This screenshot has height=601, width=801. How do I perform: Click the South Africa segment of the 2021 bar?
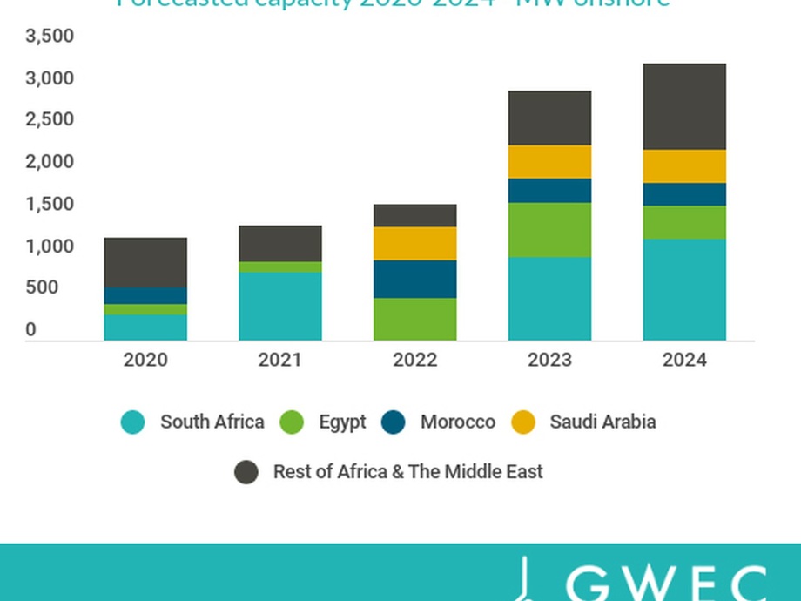tap(279, 306)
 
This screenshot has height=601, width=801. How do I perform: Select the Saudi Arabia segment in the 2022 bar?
tap(414, 243)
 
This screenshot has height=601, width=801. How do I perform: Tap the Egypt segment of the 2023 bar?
tap(549, 229)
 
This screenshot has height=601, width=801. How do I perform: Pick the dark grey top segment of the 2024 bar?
tap(684, 106)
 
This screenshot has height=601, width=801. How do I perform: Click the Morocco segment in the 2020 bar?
tap(145, 295)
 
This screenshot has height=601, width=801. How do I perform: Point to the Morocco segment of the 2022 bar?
tap(414, 279)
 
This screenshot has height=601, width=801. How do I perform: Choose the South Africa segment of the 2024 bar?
tap(684, 289)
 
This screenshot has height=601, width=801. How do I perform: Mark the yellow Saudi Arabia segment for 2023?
tap(549, 162)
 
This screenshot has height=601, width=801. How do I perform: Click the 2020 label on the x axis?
tap(145, 360)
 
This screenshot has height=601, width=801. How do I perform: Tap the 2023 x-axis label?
tap(549, 360)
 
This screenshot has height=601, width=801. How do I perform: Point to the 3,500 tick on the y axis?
tap(50, 37)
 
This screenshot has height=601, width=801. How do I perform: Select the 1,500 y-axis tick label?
tap(50, 205)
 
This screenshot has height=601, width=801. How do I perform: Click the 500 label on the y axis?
tap(42, 288)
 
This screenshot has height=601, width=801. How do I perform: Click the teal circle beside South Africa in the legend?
tap(133, 422)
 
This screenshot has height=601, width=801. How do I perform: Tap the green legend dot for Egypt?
tap(292, 422)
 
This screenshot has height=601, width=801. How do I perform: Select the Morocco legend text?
tap(457, 422)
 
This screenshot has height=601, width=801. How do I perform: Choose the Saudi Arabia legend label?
tap(602, 422)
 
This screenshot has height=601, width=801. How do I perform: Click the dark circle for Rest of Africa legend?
tap(246, 472)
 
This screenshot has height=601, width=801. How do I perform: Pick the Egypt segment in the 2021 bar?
tap(279, 267)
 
